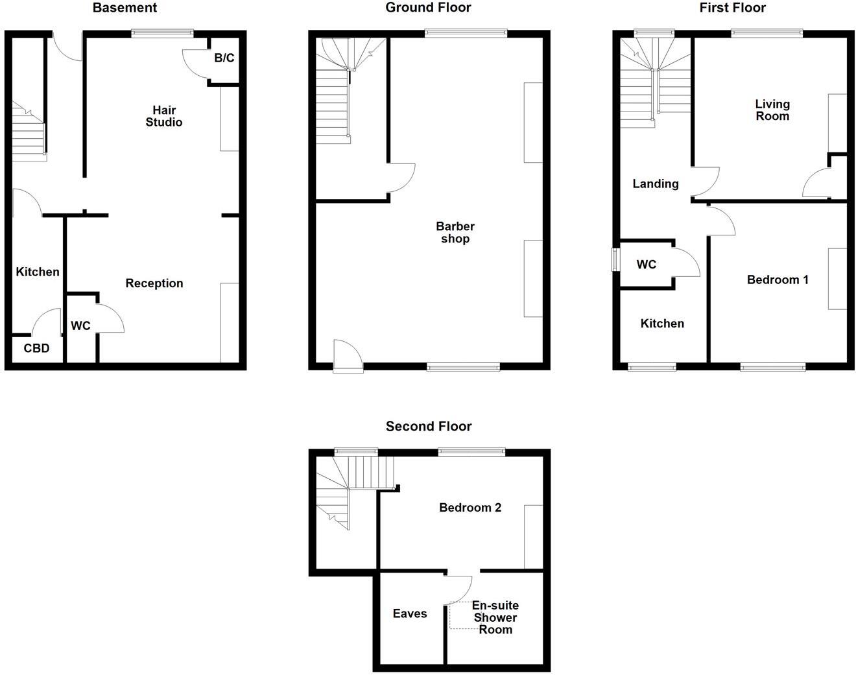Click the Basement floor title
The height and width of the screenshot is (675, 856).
point(125,8)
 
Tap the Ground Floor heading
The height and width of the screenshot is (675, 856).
point(428,8)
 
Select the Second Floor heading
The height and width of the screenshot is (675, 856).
point(429,426)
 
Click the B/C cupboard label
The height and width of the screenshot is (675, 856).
point(224,58)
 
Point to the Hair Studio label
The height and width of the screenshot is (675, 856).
point(164,116)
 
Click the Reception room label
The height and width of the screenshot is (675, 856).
point(154,283)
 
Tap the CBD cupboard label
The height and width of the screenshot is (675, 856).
point(36,348)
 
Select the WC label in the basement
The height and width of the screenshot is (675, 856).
point(80,326)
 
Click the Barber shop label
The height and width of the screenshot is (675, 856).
point(455,232)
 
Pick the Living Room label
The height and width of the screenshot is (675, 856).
point(772,110)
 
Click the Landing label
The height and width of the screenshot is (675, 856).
point(656,184)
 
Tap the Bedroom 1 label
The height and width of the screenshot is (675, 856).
point(778,279)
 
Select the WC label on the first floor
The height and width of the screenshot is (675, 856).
point(647,265)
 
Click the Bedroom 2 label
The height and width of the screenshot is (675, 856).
point(470,508)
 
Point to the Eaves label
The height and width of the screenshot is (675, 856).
point(410,613)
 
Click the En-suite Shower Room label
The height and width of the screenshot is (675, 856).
point(495,617)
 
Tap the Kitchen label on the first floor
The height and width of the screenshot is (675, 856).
point(662,324)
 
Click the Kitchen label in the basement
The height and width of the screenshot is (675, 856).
point(38,272)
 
